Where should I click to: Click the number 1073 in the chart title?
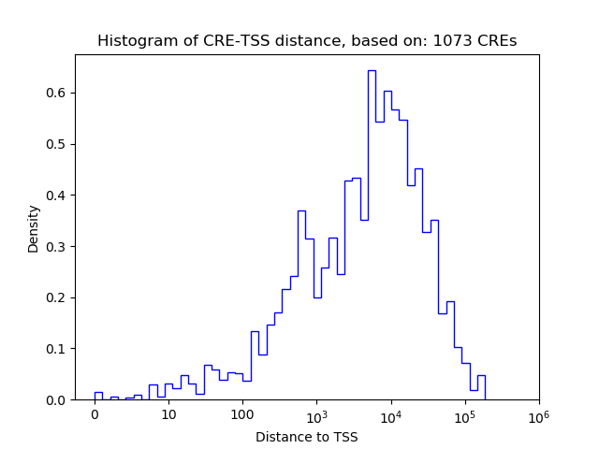pyautogui.click(x=450, y=41)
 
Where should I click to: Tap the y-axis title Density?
pyautogui.click(x=34, y=230)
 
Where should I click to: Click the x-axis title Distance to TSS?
pyautogui.click(x=307, y=437)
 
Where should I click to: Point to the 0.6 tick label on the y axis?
pyautogui.click(x=56, y=93)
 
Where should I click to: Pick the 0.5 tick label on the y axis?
pyautogui.click(x=56, y=144)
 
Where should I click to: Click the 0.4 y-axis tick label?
pyautogui.click(x=56, y=196)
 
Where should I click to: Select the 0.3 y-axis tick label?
pyautogui.click(x=56, y=246)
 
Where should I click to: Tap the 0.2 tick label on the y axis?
pyautogui.click(x=56, y=297)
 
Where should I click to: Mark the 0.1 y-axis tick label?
pyautogui.click(x=56, y=349)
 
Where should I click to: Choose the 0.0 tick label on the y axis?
pyautogui.click(x=56, y=400)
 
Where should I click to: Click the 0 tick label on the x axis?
pyautogui.click(x=95, y=415)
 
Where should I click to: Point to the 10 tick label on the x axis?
pyautogui.click(x=168, y=415)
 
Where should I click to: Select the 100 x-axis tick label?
pyautogui.click(x=242, y=415)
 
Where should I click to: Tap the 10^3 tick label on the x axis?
pyautogui.click(x=316, y=414)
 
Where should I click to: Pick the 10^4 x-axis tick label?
pyautogui.click(x=390, y=414)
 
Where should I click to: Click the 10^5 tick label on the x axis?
pyautogui.click(x=464, y=414)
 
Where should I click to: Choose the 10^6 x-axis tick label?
pyautogui.click(x=538, y=414)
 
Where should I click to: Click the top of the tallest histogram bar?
pyautogui.click(x=372, y=71)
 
